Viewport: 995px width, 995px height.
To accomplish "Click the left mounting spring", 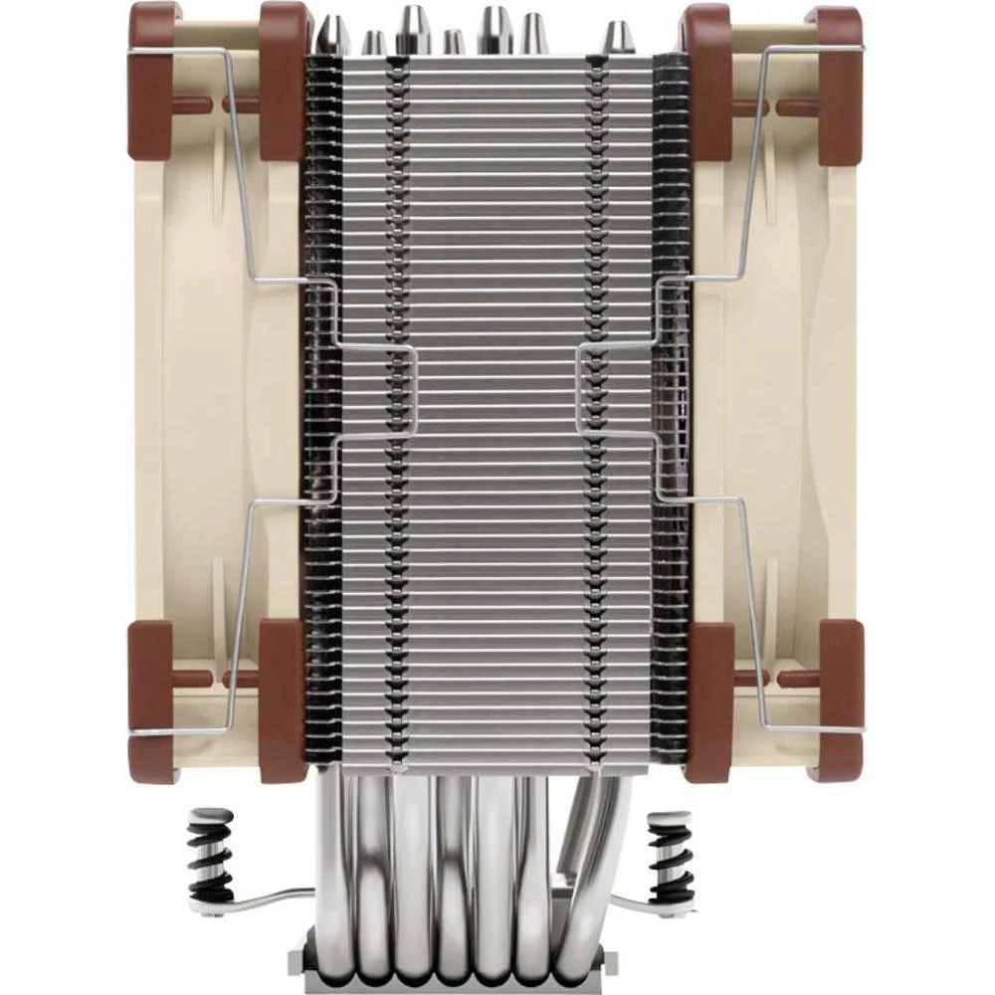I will [210, 857].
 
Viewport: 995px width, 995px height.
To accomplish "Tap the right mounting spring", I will [670, 857].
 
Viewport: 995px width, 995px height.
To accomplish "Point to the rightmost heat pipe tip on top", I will [619, 38].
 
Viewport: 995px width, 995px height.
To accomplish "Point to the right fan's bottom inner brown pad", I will [709, 701].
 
